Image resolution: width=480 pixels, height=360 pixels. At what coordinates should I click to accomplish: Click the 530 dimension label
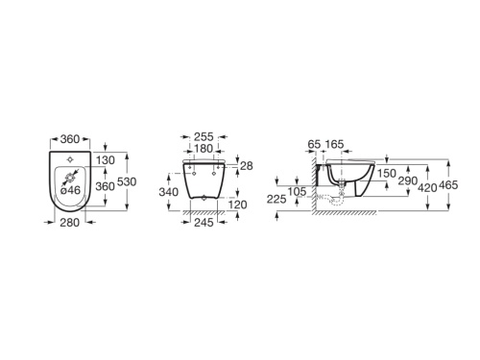point(127,181)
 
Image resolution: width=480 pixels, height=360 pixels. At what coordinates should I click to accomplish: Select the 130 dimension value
point(106,160)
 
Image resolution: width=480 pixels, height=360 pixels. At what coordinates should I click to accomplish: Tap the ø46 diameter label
point(70,190)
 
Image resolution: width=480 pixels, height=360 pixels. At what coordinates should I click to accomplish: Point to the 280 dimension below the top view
point(70,223)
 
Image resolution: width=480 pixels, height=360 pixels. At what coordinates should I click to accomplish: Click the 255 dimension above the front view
point(204,137)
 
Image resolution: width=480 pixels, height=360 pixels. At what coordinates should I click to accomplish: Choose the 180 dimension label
point(204,149)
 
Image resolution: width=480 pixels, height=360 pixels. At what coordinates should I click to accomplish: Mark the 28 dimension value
point(247,166)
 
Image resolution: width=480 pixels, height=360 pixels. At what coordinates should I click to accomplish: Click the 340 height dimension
point(169,192)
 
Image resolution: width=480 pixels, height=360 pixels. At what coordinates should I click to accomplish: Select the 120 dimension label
point(237,204)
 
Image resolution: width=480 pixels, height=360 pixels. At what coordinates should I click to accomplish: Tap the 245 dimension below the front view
point(204,223)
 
